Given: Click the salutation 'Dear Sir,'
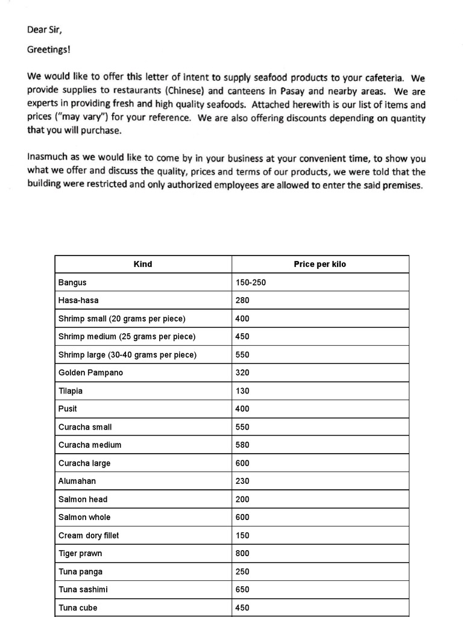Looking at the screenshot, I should pyautogui.click(x=46, y=29).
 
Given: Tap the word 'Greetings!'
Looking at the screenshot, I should pyautogui.click(x=48, y=49).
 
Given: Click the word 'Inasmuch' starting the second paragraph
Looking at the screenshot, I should pyautogui.click(x=46, y=158).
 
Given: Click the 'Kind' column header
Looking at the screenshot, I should pyautogui.click(x=143, y=264).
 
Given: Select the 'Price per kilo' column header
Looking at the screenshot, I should pyautogui.click(x=320, y=264).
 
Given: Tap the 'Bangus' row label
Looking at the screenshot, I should pyautogui.click(x=72, y=282).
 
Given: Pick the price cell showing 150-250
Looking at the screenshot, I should pyautogui.click(x=251, y=282).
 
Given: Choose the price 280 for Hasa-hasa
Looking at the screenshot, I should pyautogui.click(x=242, y=300).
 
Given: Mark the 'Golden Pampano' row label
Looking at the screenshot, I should pyautogui.click(x=90, y=372).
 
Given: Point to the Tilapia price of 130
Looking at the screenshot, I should pyautogui.click(x=242, y=390).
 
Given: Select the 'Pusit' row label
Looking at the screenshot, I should pyautogui.click(x=68, y=409).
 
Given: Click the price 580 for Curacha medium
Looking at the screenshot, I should pyautogui.click(x=242, y=445).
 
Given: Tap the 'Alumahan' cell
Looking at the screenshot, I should pyautogui.click(x=77, y=481).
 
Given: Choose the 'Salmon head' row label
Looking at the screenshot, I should pyautogui.click(x=83, y=499).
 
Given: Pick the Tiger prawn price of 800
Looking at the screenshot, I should pyautogui.click(x=242, y=553).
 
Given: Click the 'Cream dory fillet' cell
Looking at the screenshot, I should pyautogui.click(x=89, y=535).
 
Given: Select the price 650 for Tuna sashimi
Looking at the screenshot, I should pyautogui.click(x=242, y=589).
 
